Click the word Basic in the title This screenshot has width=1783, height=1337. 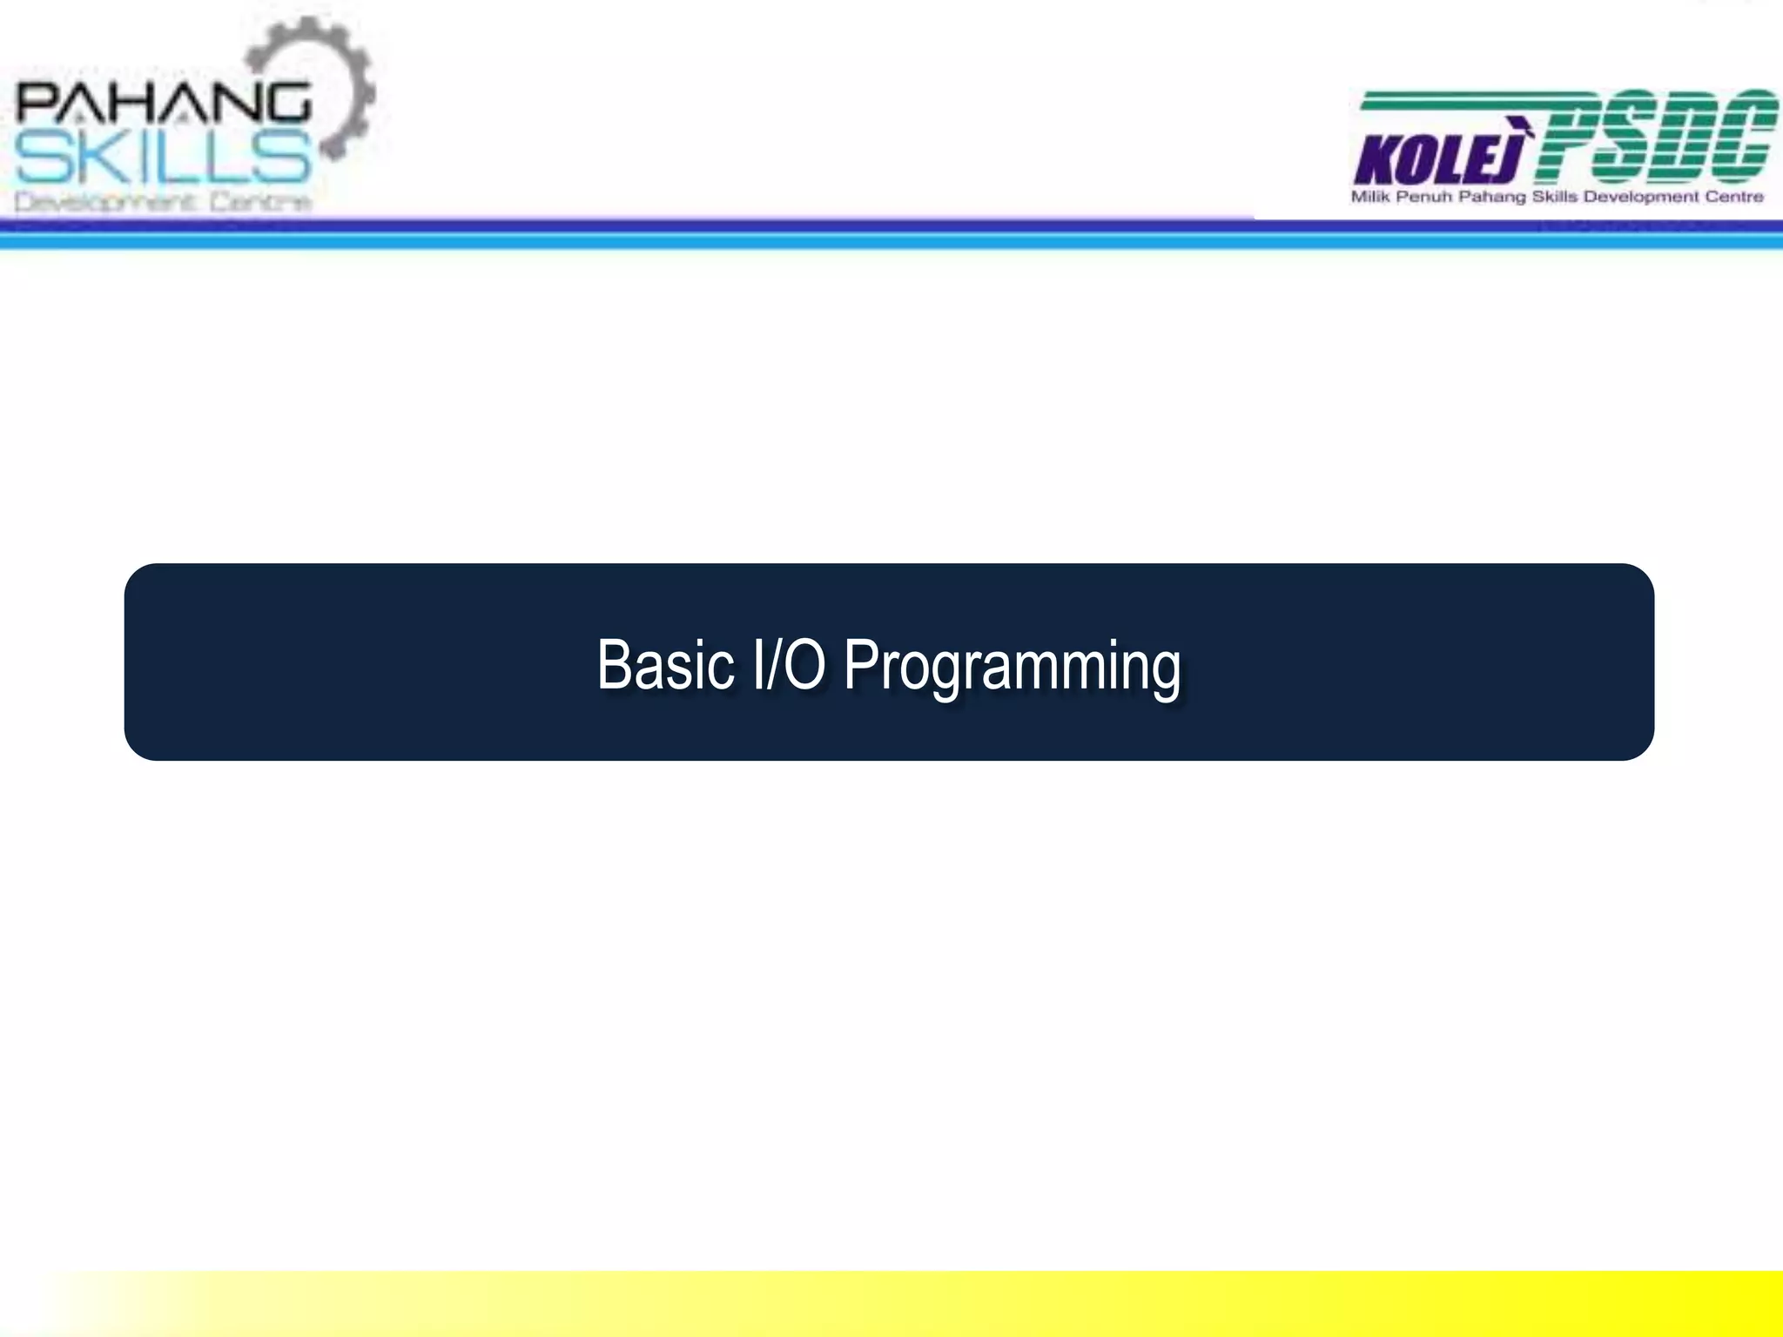pos(665,665)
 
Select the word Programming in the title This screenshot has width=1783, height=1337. pos(1013,667)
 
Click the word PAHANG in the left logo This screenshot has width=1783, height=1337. pos(163,103)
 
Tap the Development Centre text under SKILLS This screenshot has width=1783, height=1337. pos(163,202)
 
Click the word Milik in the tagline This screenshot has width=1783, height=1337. pos(1370,197)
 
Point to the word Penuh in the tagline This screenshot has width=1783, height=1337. pos(1424,197)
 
